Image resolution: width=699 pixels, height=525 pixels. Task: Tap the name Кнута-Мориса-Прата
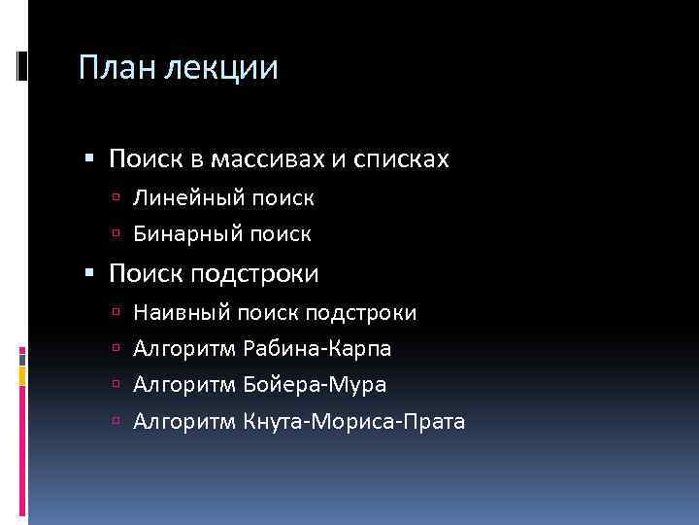pyautogui.click(x=356, y=421)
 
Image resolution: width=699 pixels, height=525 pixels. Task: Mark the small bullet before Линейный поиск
pyautogui.click(x=116, y=199)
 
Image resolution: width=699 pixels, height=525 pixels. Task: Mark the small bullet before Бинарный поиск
pyautogui.click(x=116, y=234)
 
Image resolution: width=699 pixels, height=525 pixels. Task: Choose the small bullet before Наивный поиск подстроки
pyautogui.click(x=116, y=313)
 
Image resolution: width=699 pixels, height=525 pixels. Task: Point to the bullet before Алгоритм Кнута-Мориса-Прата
pyautogui.click(x=116, y=421)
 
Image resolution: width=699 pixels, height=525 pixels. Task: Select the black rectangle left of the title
pyautogui.click(x=22, y=65)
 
